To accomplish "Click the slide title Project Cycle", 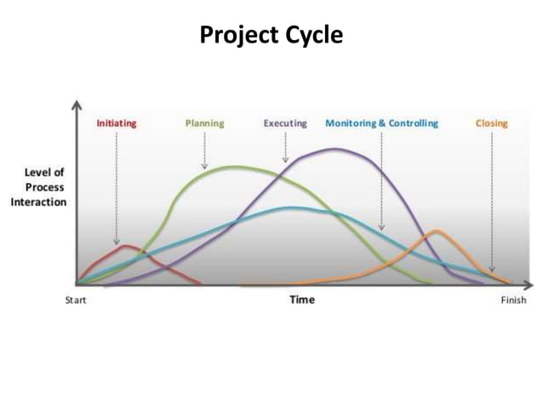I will [271, 36].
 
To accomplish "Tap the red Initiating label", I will [116, 123].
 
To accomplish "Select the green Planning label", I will [204, 123].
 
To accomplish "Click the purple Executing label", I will [284, 123].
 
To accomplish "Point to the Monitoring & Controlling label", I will [381, 123].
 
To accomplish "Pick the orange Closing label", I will [491, 123].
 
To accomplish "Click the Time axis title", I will [301, 300].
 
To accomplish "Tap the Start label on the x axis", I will [76, 301].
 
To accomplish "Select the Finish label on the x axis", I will [513, 301].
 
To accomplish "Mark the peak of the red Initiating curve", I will [127, 246].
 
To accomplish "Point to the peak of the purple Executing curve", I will [334, 149].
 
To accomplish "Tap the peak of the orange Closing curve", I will [437, 231].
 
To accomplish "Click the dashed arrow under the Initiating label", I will [117, 187].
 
